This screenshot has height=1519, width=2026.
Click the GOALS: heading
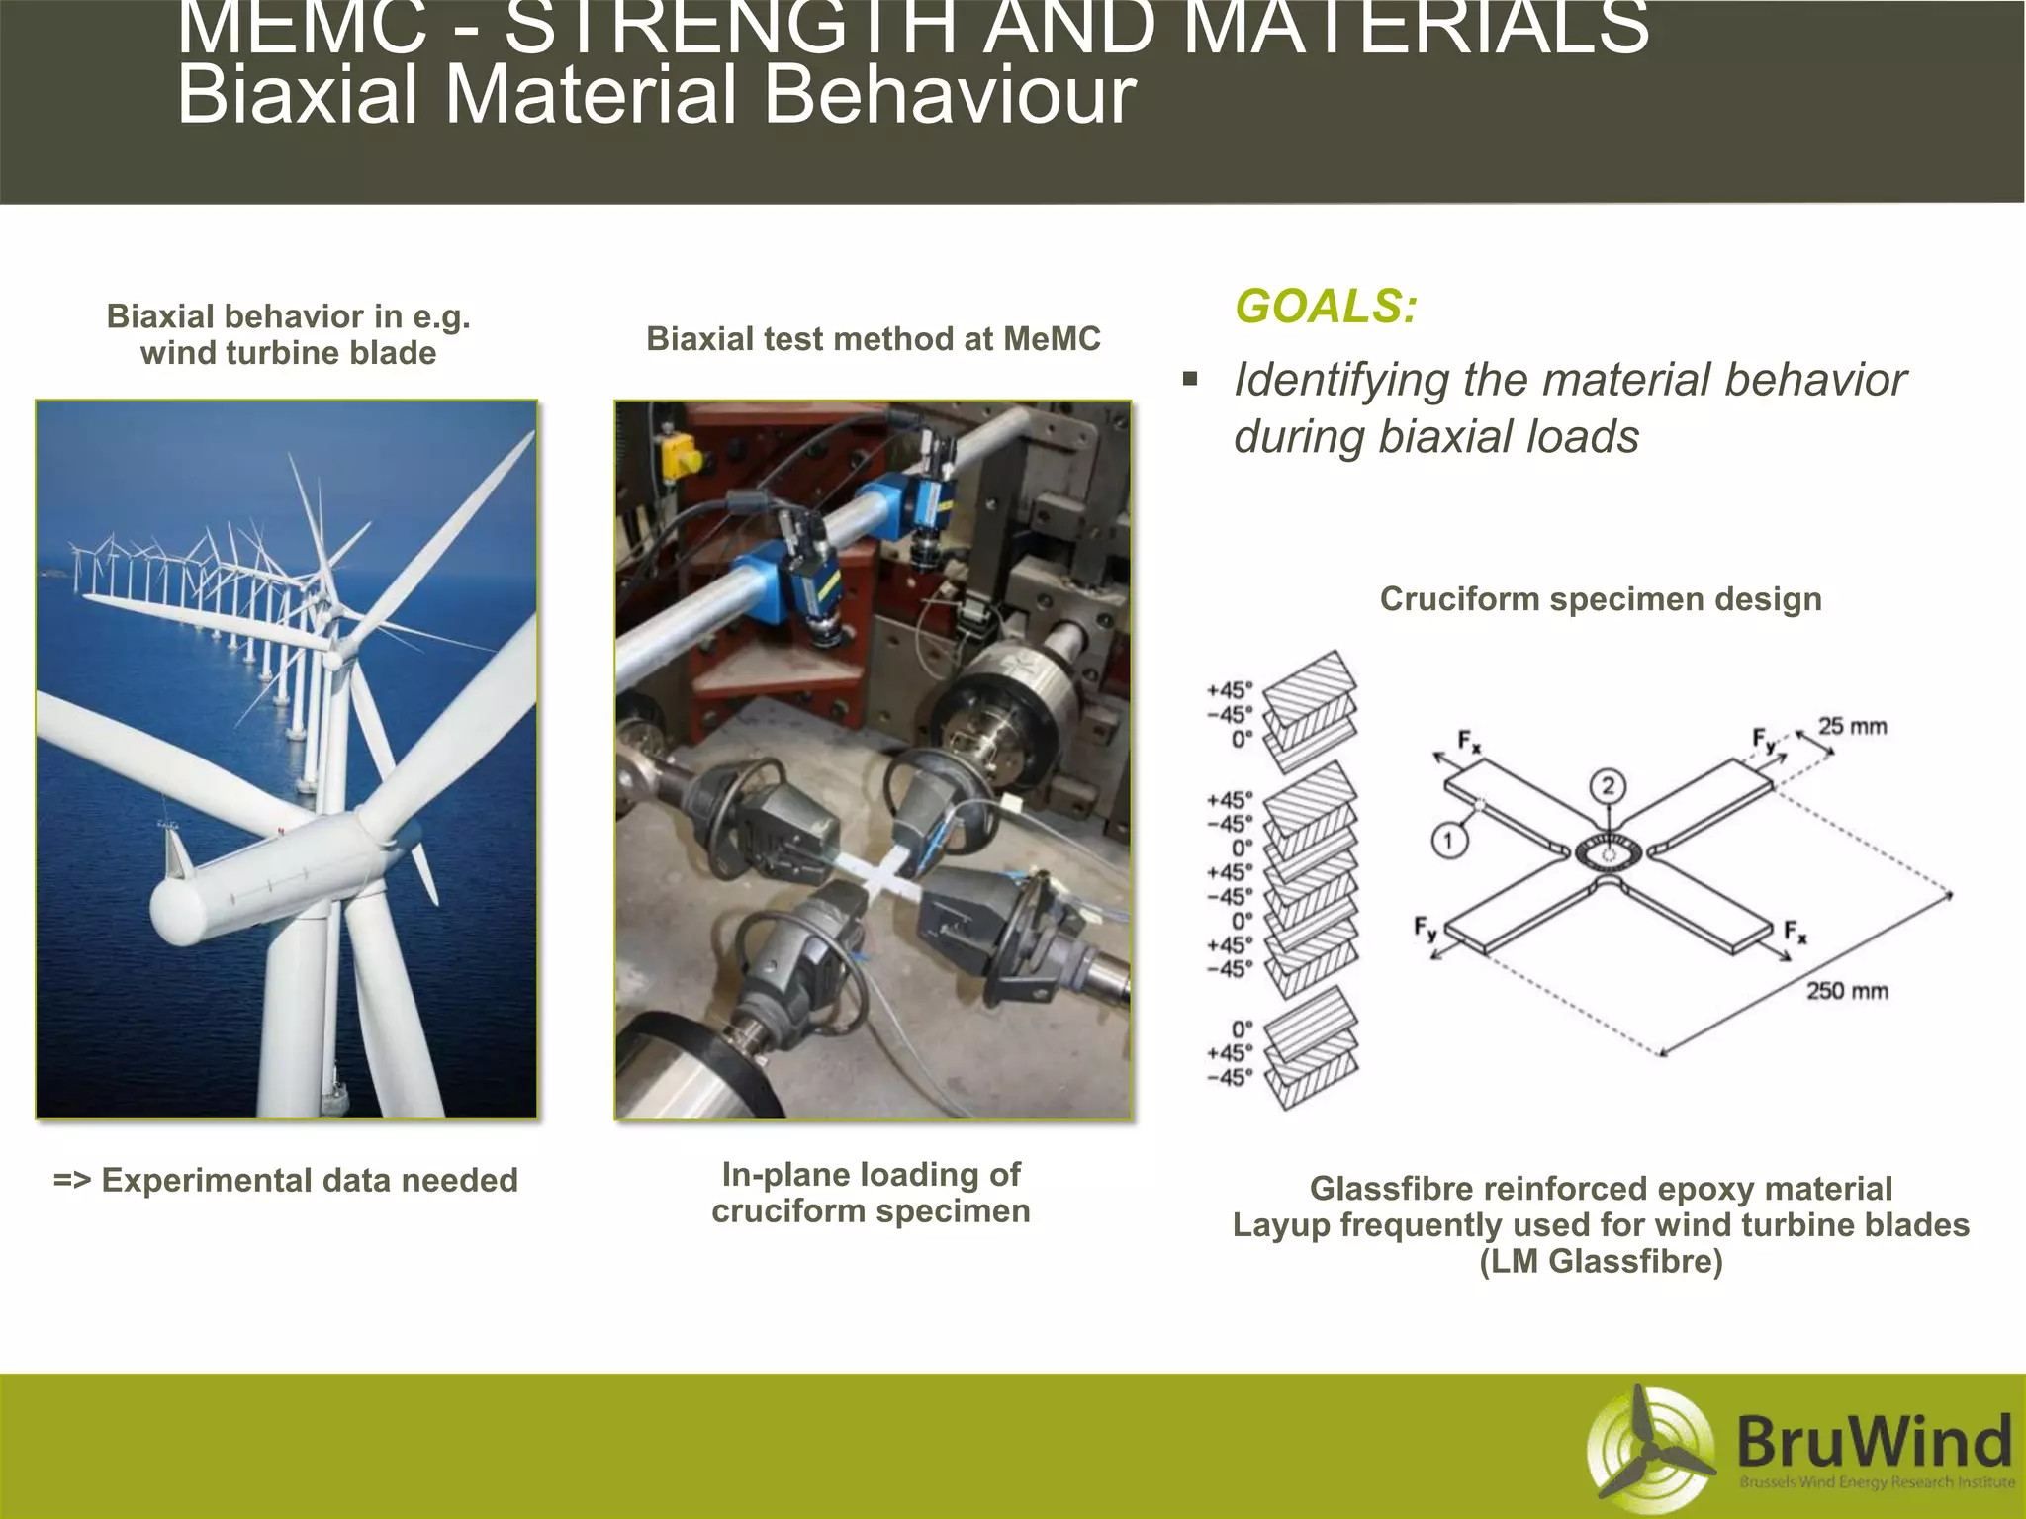(x=1326, y=306)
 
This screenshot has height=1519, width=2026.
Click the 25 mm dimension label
(x=1852, y=727)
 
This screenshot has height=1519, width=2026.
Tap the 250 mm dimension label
(x=1847, y=991)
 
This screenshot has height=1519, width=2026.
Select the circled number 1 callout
(x=1449, y=842)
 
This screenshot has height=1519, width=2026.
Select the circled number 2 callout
(x=1608, y=786)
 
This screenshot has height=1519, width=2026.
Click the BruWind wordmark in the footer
(x=1874, y=1441)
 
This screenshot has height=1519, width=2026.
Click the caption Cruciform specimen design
(x=1600, y=599)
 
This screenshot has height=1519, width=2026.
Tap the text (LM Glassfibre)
(x=1601, y=1262)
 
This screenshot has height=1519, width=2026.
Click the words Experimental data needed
(x=309, y=1181)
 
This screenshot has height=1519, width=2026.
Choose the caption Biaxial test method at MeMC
(x=873, y=339)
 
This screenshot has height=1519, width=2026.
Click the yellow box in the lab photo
(x=681, y=454)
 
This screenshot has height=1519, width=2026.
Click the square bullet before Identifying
(x=1190, y=379)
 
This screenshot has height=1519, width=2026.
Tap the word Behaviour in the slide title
(x=949, y=95)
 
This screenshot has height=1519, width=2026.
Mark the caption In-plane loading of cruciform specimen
(x=871, y=1193)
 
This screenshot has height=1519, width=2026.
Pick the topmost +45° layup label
(x=1229, y=690)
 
